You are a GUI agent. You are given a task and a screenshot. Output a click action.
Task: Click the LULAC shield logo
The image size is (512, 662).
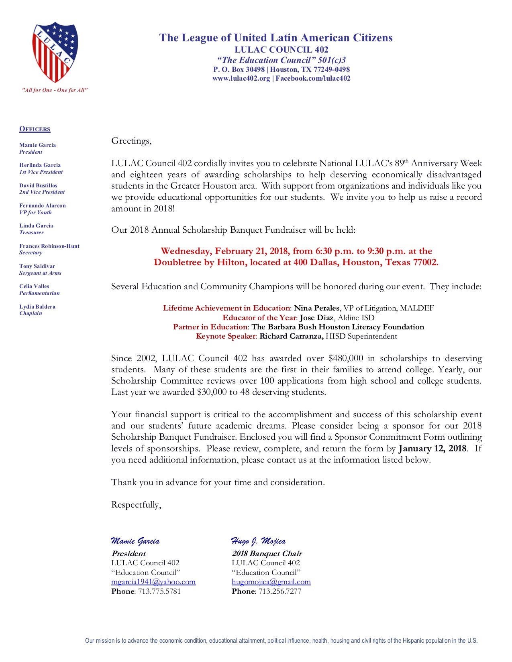pyautogui.click(x=55, y=52)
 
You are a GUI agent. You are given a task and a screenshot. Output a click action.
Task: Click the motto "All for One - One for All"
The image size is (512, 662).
pyautogui.click(x=55, y=90)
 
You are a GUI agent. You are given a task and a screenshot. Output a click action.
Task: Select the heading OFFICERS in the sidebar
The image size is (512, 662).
pyautogui.click(x=35, y=129)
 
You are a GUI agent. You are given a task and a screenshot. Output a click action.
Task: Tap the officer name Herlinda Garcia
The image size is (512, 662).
pyautogui.click(x=40, y=165)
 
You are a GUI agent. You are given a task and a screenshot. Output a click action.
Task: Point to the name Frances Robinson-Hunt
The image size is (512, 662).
pyautogui.click(x=49, y=246)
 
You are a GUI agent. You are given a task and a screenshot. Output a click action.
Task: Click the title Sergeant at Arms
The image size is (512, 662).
pyautogui.click(x=40, y=273)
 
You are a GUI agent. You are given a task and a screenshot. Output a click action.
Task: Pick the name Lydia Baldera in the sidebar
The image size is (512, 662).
pyautogui.click(x=37, y=307)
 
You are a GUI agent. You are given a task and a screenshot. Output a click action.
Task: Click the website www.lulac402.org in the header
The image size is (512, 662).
pyautogui.click(x=241, y=79)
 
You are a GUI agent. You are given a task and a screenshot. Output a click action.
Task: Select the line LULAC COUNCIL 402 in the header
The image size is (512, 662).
pyautogui.click(x=281, y=50)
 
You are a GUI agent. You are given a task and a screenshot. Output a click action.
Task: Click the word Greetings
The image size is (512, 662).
pyautogui.click(x=131, y=141)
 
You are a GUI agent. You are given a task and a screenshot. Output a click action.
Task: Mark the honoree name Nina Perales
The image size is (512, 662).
pyautogui.click(x=316, y=308)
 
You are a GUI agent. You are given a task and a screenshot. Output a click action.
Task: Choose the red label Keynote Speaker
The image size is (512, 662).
pyautogui.click(x=226, y=336)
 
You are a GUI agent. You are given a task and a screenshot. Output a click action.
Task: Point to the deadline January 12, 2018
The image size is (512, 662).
pyautogui.click(x=432, y=449)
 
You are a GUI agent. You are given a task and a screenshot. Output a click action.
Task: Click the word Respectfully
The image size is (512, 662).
pyautogui.click(x=136, y=505)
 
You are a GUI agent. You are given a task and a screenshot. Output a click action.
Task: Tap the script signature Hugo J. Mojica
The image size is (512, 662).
pyautogui.click(x=258, y=542)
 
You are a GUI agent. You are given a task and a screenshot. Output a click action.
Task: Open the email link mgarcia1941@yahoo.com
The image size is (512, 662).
pyautogui.click(x=153, y=582)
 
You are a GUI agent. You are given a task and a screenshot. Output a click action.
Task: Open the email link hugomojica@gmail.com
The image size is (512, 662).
pyautogui.click(x=271, y=582)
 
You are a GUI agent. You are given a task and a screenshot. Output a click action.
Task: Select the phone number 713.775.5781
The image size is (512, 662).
pyautogui.click(x=159, y=591)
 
